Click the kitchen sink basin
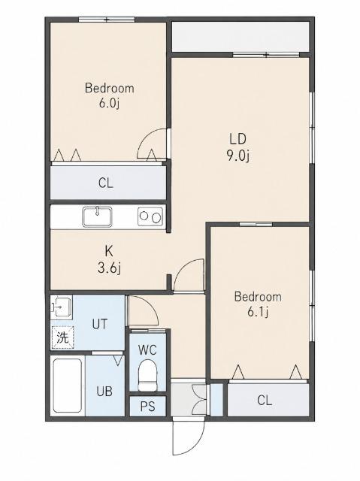97,217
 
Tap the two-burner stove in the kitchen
150,217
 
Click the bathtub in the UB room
68,386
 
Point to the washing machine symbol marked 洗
63,337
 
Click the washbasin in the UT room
62,306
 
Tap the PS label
148,407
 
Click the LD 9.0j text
238,147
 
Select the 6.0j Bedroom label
110,95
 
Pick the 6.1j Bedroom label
258,304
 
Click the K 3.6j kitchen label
109,260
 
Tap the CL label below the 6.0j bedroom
106,183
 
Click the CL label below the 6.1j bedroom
265,401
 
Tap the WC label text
147,349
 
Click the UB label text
104,392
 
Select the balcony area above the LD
240,37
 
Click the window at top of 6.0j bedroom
107,20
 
